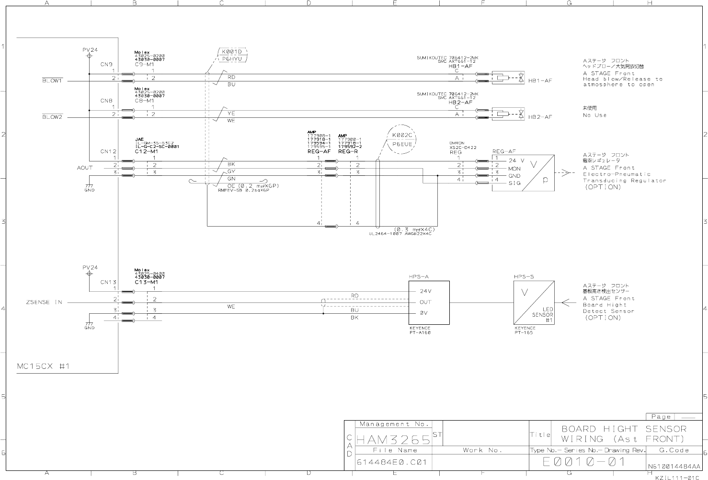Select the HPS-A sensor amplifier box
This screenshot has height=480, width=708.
coord(429,302)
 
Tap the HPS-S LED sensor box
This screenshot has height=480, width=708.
coord(534,302)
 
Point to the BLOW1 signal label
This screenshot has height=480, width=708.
coord(52,81)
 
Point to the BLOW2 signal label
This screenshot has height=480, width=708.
coord(52,117)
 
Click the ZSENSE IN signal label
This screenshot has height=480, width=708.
coord(44,302)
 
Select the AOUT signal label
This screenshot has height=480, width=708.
coord(85,168)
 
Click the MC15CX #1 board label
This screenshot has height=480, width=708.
coord(44,366)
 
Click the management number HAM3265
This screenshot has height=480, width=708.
coord(393,439)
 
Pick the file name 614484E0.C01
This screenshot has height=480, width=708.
coord(391,463)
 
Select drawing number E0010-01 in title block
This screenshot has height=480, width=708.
coord(584,462)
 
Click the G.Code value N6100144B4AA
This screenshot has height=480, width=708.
coord(674,466)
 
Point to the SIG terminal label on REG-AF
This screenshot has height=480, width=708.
coord(514,183)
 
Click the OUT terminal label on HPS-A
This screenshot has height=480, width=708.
coord(425,302)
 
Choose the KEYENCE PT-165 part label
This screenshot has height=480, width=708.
coord(524,331)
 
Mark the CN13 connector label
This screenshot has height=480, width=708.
coord(109,282)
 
